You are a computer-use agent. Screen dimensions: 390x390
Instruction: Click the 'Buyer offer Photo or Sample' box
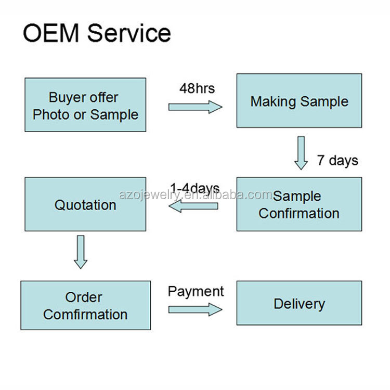point(85,105)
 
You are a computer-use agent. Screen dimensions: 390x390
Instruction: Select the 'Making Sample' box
point(299,101)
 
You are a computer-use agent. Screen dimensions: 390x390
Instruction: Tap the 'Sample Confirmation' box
point(299,204)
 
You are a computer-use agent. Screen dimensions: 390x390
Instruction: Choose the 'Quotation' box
point(85,204)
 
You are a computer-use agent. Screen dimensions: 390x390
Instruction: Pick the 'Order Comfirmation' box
point(85,305)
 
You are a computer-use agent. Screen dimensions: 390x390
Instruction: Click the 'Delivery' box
point(299,303)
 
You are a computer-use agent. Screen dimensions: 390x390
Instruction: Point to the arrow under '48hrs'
point(195,107)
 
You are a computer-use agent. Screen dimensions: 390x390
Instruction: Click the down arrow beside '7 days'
point(301,153)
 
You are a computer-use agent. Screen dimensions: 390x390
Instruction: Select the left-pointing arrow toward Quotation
point(193,206)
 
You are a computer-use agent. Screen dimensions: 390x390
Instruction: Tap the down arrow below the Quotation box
point(80,252)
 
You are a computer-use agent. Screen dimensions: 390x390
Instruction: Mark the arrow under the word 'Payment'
point(195,309)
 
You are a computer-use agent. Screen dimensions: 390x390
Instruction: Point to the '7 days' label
point(337,160)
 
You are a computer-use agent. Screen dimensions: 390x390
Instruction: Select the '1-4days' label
point(194,188)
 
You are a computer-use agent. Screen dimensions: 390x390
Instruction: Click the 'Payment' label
point(196,291)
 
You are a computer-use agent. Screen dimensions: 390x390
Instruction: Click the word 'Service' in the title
point(129,33)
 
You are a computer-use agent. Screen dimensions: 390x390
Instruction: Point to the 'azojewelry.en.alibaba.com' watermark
point(196,195)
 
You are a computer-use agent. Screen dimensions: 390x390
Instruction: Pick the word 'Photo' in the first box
point(50,114)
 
